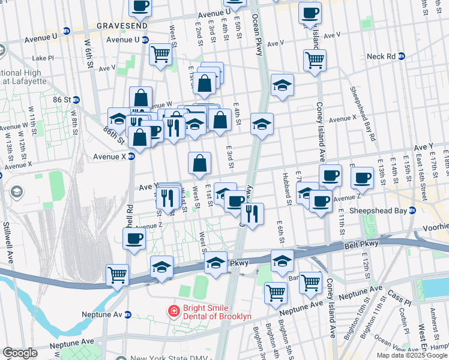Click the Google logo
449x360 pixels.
pyautogui.click(x=20, y=353)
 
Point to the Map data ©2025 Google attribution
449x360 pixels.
pyautogui.click(x=412, y=355)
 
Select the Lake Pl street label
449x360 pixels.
pyautogui.click(x=43, y=58)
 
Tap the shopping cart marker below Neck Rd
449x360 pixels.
pyautogui.click(x=315, y=59)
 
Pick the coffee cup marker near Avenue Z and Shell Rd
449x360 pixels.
pyautogui.click(x=133, y=239)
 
